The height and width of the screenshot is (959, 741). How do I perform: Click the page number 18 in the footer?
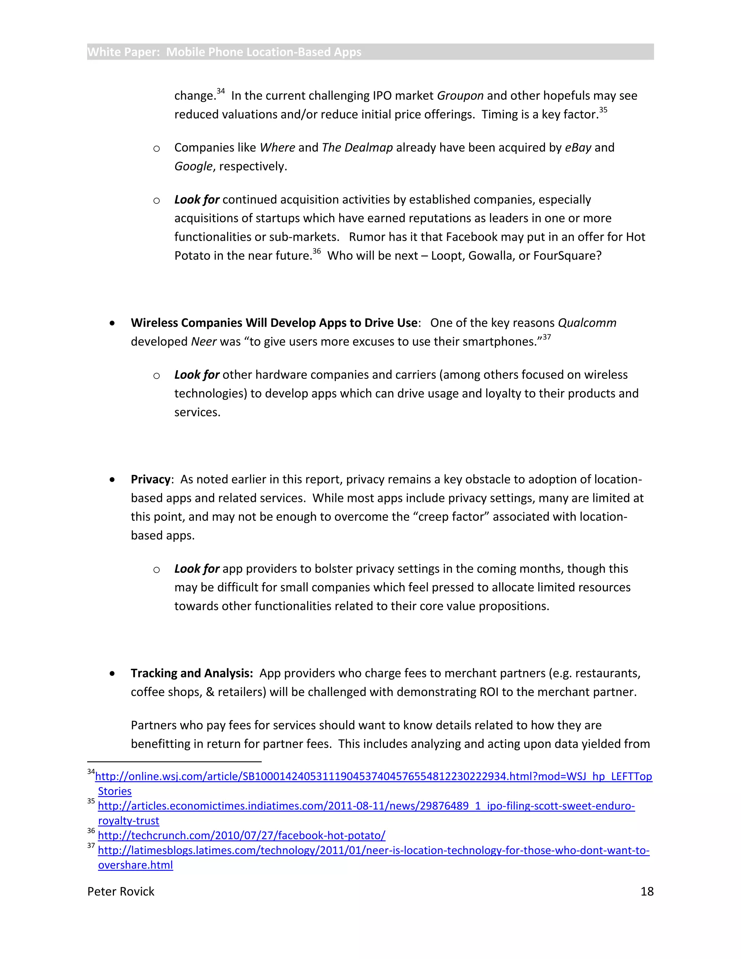(x=647, y=891)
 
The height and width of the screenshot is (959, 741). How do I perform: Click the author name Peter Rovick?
(x=121, y=891)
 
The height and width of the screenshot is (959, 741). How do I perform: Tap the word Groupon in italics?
(x=460, y=96)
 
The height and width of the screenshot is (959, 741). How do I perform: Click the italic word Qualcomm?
(x=587, y=323)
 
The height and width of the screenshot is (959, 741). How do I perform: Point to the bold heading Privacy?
(x=150, y=479)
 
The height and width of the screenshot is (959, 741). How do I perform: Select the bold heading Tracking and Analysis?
(x=191, y=673)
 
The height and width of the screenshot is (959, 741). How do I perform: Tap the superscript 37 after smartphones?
(x=547, y=337)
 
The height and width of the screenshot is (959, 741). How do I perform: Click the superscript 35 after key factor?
(x=603, y=110)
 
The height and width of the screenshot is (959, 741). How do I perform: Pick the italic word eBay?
(x=578, y=148)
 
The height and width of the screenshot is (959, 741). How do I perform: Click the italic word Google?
(x=193, y=166)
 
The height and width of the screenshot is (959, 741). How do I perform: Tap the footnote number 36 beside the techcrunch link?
(x=91, y=831)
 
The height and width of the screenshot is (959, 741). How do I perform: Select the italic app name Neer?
(x=204, y=342)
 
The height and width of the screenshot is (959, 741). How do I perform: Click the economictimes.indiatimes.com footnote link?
(x=366, y=806)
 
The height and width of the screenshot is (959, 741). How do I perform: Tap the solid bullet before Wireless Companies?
(x=113, y=323)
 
